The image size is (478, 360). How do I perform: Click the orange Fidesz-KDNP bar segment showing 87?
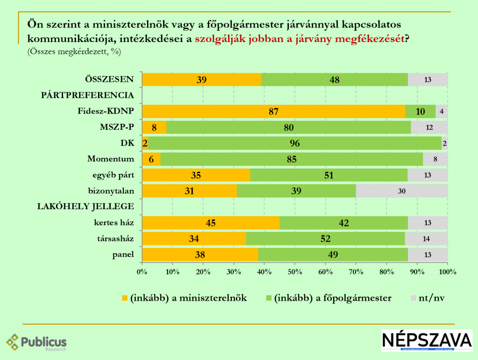(274, 112)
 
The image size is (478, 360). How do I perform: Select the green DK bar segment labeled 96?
(295, 143)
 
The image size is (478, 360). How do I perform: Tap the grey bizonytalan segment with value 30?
(402, 191)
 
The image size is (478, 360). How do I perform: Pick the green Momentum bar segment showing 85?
(292, 159)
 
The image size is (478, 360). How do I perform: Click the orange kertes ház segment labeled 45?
(211, 223)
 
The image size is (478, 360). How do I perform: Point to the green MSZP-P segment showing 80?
(288, 127)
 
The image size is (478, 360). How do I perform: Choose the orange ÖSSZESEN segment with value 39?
(202, 80)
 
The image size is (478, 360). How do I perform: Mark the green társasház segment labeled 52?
(325, 239)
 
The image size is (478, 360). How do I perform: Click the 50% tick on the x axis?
(295, 272)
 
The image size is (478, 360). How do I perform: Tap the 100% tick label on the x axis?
(447, 272)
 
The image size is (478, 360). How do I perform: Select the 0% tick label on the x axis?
(142, 272)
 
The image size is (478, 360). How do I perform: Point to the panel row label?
(124, 254)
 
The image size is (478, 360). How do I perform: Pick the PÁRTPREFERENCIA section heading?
(88, 95)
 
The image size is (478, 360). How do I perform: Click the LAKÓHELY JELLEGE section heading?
(85, 206)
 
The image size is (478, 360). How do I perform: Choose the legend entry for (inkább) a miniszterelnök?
(184, 298)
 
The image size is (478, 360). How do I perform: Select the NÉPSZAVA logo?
(427, 340)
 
